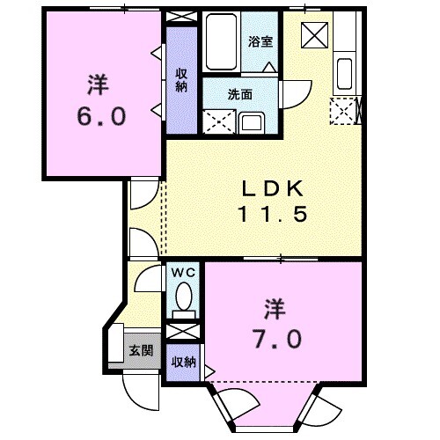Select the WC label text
[x=182, y=273]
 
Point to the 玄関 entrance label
[x=141, y=350]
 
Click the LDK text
[x=272, y=187]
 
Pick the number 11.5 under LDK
[x=272, y=214]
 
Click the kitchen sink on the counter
[x=344, y=75]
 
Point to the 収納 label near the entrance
[x=182, y=363]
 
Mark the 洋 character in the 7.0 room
[x=274, y=309]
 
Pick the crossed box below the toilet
[x=183, y=332]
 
